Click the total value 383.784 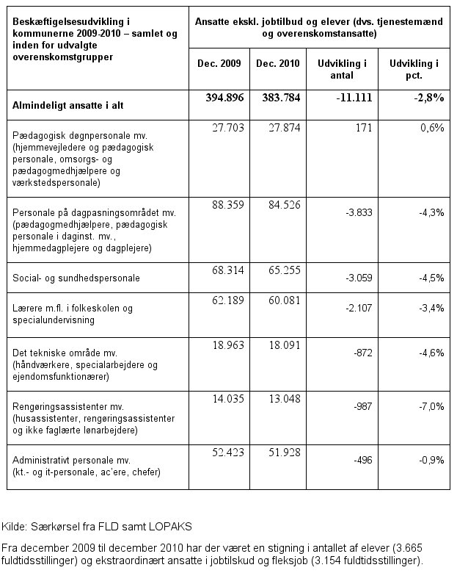click(277, 99)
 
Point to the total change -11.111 click(348, 99)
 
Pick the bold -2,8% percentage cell click(426, 99)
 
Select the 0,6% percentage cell click(433, 128)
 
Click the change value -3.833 click(354, 212)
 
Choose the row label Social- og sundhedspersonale click(76, 279)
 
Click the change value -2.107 click(354, 308)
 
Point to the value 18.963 click(226, 345)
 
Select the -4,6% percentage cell click(431, 353)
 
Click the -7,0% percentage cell click(431, 406)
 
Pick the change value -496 click(358, 460)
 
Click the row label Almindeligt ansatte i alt click(67, 106)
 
